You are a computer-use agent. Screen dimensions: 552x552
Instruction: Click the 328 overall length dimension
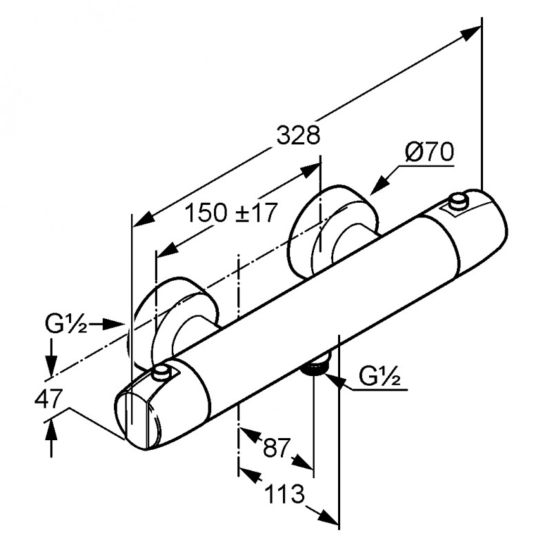299,136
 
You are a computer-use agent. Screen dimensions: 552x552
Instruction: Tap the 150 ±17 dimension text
230,213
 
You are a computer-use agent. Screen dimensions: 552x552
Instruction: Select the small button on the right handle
457,201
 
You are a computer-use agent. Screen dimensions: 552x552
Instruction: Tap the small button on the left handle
162,373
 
